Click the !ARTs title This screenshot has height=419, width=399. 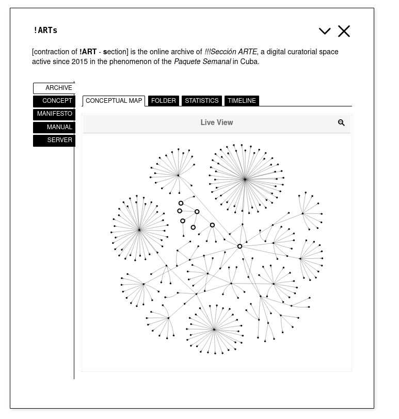[45, 30]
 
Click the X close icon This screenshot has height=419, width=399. [344, 32]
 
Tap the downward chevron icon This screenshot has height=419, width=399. [325, 32]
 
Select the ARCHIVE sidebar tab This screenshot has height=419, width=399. [54, 88]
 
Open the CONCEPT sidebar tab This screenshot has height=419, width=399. [54, 101]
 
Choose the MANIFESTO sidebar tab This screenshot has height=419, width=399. [54, 114]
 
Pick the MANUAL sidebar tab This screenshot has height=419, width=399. [54, 127]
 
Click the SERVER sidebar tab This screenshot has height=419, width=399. [54, 141]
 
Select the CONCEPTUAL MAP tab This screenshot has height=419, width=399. [114, 101]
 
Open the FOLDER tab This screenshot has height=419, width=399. [164, 101]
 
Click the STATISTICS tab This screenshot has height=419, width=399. [202, 101]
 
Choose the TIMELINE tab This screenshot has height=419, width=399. [242, 101]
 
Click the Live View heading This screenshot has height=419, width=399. [217, 123]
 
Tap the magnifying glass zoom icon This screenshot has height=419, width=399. [341, 123]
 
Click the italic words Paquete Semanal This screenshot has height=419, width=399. [202, 62]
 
